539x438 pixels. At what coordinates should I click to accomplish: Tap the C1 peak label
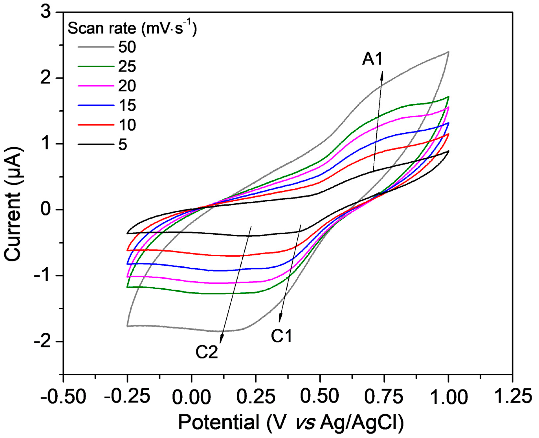[281, 337]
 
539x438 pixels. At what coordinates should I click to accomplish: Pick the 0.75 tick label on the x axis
[384, 397]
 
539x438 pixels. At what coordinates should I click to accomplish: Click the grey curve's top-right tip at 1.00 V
[448, 52]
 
